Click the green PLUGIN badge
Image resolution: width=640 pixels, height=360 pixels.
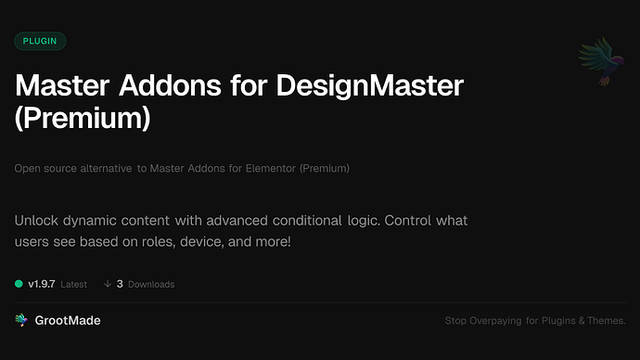click(41, 41)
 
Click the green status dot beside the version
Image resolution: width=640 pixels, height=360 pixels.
click(19, 284)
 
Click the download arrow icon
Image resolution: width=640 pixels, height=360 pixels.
click(108, 284)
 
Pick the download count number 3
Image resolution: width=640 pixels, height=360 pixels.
click(120, 284)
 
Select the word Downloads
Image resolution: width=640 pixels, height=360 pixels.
click(151, 284)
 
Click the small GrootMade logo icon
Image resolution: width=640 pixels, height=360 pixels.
click(21, 320)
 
